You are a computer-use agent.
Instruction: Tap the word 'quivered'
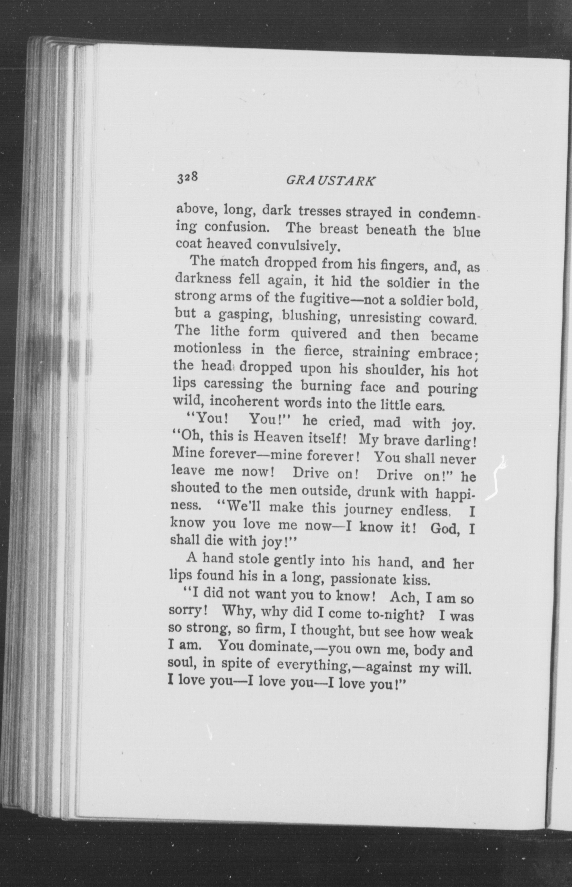318,334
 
